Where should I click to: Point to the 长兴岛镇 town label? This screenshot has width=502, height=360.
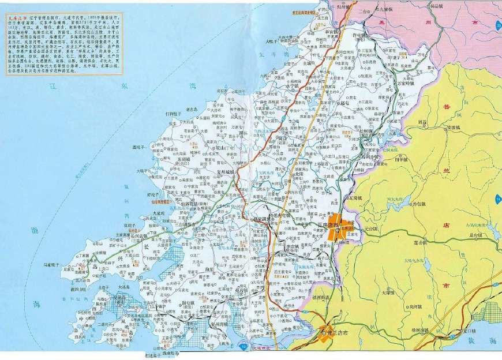click(139, 236)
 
